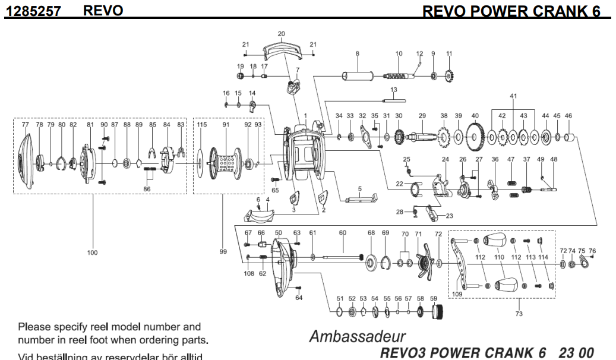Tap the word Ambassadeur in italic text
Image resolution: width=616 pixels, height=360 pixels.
(358, 336)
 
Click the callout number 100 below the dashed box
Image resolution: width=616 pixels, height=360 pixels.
(92, 252)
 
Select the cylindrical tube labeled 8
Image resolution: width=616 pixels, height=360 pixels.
(356, 77)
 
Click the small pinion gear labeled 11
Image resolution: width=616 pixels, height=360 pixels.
(449, 76)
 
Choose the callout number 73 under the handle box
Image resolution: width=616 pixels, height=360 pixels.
(519, 314)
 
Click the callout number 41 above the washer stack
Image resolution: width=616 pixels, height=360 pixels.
(513, 96)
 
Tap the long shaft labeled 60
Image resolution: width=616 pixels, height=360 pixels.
(343, 257)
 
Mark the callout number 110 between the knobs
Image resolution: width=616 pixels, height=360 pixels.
(499, 257)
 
